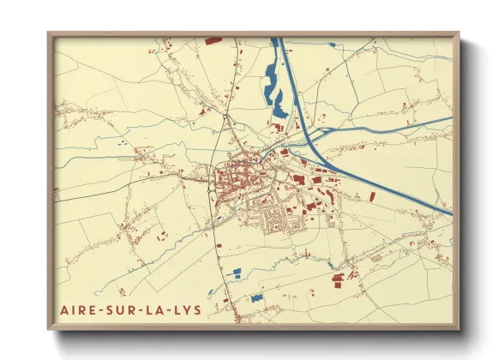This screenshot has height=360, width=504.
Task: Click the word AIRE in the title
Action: click(x=76, y=309)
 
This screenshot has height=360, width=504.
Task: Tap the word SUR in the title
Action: click(x=118, y=309)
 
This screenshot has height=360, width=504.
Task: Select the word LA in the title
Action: click(x=153, y=309)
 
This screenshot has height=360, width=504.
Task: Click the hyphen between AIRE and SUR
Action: click(x=98, y=309)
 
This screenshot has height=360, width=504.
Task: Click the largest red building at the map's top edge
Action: click(x=213, y=40)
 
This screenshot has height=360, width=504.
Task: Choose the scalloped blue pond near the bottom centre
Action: click(x=255, y=298)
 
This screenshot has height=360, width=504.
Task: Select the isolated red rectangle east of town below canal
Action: click(x=372, y=197)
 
